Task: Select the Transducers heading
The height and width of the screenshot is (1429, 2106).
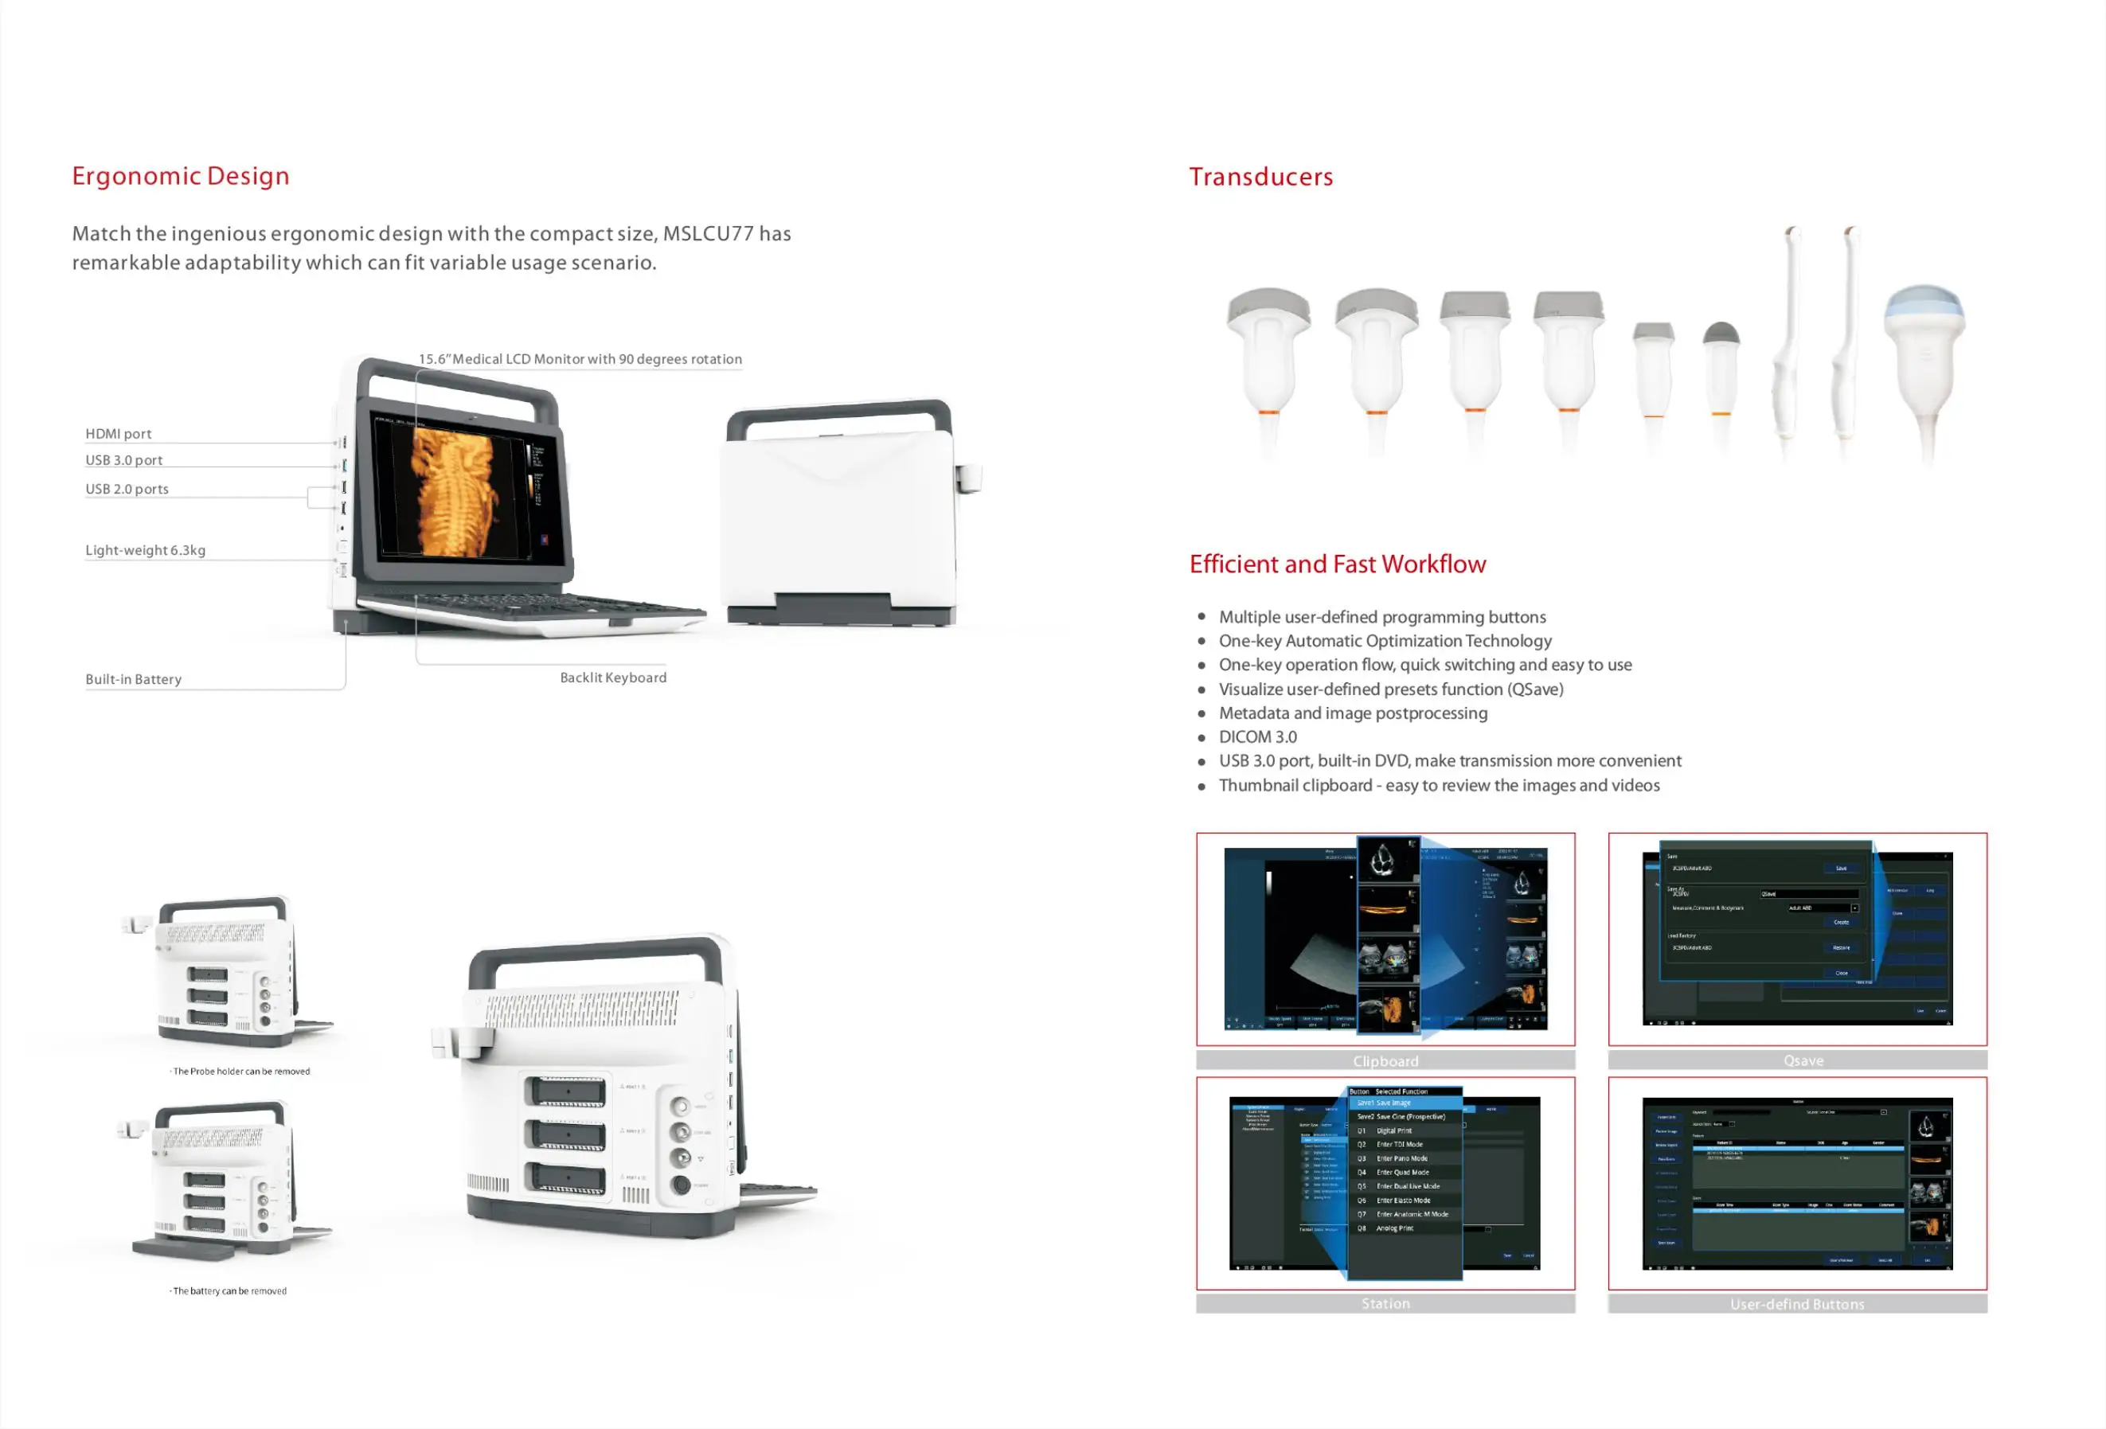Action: pyautogui.click(x=1260, y=177)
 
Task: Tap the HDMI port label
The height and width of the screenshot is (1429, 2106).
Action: pyautogui.click(x=119, y=434)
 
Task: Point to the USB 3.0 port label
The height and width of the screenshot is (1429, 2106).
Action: pyautogui.click(x=124, y=460)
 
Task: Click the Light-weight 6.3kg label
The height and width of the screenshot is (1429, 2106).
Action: pyautogui.click(x=145, y=550)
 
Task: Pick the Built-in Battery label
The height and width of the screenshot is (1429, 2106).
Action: pyautogui.click(x=133, y=680)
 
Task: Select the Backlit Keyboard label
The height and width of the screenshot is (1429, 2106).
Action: pyautogui.click(x=612, y=677)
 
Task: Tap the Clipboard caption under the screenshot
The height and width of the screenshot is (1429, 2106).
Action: pyautogui.click(x=1385, y=1060)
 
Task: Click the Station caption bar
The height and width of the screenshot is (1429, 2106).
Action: pyautogui.click(x=1385, y=1303)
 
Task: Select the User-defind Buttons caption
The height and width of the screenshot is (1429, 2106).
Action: pyautogui.click(x=1797, y=1304)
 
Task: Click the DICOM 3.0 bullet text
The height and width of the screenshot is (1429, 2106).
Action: pyautogui.click(x=1257, y=736)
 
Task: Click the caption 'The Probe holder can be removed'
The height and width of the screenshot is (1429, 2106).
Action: pyautogui.click(x=241, y=1071)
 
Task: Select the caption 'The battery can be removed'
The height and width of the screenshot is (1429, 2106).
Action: pyautogui.click(x=229, y=1291)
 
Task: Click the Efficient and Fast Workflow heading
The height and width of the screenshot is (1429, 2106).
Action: pyautogui.click(x=1337, y=564)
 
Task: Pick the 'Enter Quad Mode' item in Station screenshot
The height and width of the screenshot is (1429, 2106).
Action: pyautogui.click(x=1402, y=1173)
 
